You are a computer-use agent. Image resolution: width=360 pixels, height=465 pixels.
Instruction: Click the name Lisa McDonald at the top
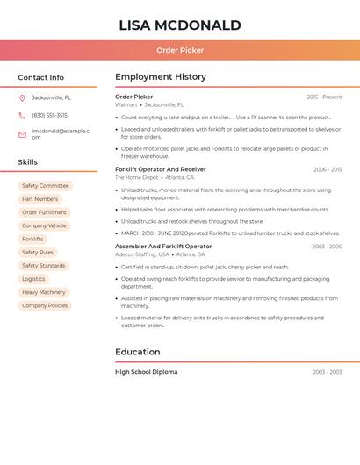pyautogui.click(x=179, y=25)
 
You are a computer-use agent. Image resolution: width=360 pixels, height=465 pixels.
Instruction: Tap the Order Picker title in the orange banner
pyautogui.click(x=179, y=50)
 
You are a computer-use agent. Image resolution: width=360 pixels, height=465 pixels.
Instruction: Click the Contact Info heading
pyautogui.click(x=40, y=77)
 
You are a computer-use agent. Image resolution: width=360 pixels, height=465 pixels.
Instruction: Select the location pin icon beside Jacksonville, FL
pyautogui.click(x=22, y=97)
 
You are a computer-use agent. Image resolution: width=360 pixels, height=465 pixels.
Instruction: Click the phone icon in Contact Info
pyautogui.click(x=22, y=115)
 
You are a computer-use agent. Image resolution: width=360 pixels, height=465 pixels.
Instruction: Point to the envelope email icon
pyautogui.click(x=22, y=134)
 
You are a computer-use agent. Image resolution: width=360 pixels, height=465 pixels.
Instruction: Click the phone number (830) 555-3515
pyautogui.click(x=49, y=115)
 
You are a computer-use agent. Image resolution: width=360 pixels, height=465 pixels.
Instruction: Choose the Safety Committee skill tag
pyautogui.click(x=45, y=186)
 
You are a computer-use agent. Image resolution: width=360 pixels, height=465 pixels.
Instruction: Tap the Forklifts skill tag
pyautogui.click(x=32, y=239)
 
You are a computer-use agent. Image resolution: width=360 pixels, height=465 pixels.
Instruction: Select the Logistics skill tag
pyautogui.click(x=33, y=279)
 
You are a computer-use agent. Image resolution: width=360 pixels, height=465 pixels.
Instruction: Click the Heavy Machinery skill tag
pyautogui.click(x=44, y=292)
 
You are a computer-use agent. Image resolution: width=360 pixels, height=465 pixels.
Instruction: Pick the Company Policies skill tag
pyautogui.click(x=45, y=305)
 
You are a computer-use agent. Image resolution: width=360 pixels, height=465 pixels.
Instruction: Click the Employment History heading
pyautogui.click(x=161, y=77)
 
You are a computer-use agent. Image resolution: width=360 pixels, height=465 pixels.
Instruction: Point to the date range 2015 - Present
pyautogui.click(x=324, y=97)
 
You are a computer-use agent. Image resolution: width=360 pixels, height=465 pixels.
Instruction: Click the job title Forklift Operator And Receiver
pyautogui.click(x=161, y=169)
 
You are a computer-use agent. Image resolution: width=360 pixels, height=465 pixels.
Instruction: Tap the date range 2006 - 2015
pyautogui.click(x=328, y=169)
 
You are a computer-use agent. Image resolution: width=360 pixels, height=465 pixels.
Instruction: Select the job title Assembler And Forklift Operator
pyautogui.click(x=163, y=247)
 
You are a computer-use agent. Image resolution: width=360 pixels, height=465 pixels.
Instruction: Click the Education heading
pyautogui.click(x=138, y=352)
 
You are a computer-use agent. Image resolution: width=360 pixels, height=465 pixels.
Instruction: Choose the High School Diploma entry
pyautogui.click(x=146, y=372)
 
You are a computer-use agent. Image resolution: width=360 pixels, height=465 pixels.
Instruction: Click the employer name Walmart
pyautogui.click(x=126, y=104)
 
